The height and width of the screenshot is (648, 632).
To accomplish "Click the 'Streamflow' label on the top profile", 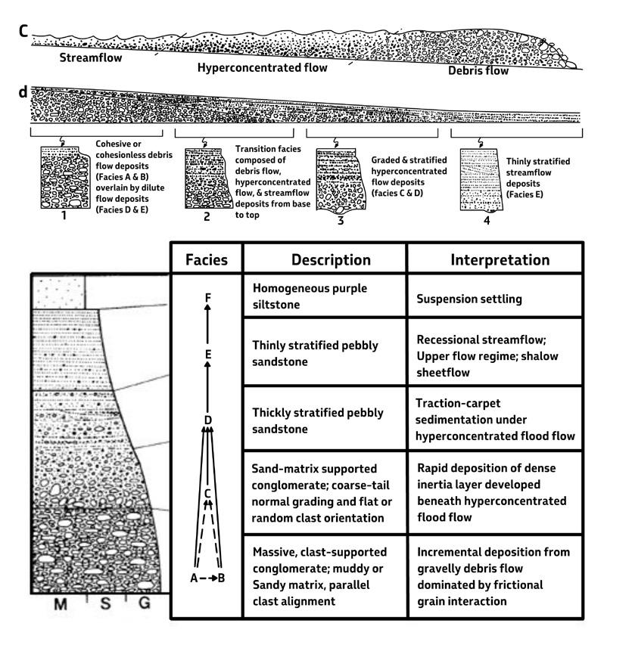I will click(79, 56).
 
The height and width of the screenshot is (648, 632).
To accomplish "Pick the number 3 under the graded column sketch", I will click(339, 223).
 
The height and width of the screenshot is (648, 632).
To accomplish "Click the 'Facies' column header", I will click(207, 259).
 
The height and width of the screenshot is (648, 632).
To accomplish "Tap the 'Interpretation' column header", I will click(500, 259).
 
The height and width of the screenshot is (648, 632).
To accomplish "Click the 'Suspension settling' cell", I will click(469, 299).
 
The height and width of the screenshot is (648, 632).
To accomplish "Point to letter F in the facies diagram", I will click(207, 296).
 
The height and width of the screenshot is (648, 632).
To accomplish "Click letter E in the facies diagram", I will click(207, 353).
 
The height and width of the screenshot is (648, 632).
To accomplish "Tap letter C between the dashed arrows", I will click(207, 494).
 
